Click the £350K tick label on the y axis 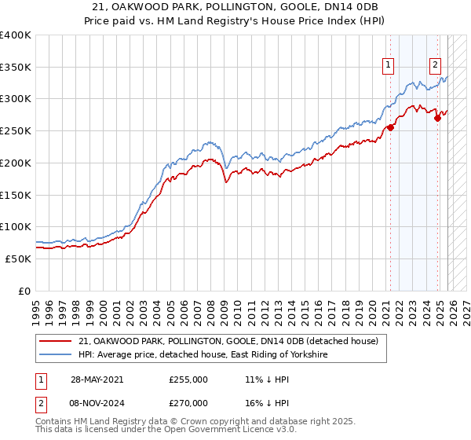click(x=15, y=68)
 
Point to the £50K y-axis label click(x=18, y=258)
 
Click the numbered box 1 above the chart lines click(x=389, y=66)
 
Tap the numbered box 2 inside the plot click(x=435, y=66)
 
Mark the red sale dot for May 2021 click(x=390, y=128)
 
